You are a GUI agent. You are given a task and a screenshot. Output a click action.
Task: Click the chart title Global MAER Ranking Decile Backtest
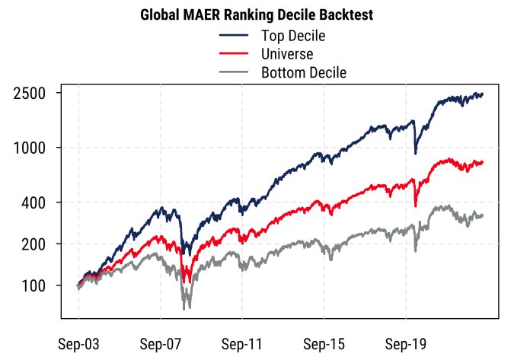point(257,15)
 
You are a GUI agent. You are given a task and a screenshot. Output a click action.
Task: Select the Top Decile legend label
point(293,36)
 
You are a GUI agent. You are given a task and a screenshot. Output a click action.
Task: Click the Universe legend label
point(287,54)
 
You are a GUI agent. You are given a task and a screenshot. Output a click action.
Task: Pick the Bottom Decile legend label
point(304,73)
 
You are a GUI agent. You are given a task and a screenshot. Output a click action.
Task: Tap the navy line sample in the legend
point(234,36)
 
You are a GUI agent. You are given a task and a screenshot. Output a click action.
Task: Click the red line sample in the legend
point(234,54)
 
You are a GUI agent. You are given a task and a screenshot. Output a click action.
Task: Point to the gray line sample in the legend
point(234,73)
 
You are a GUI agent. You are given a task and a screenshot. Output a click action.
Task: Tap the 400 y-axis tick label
point(35,202)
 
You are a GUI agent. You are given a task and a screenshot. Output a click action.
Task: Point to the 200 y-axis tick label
point(35,244)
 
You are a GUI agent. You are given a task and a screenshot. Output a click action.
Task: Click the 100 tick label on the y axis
point(35,286)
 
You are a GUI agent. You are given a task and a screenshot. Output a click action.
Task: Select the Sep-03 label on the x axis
point(78,343)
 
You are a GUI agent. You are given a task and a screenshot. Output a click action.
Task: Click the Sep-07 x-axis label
point(161,343)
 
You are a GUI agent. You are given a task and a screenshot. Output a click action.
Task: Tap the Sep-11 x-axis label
point(242,343)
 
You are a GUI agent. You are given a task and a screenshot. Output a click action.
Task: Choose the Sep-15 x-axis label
point(324,343)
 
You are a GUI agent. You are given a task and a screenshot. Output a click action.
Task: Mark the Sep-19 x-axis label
point(406,343)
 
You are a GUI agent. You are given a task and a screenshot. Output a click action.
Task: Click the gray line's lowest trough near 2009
point(185,308)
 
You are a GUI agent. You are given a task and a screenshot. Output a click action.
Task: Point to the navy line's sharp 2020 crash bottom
point(415,154)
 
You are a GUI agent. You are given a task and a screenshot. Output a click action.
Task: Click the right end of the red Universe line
point(483,162)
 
